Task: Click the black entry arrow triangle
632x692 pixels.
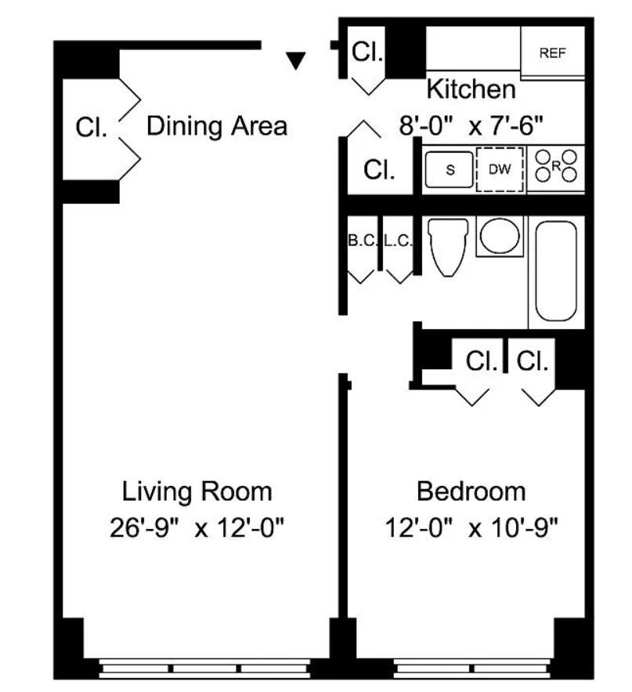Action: [295, 60]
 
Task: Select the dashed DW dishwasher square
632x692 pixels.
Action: [500, 169]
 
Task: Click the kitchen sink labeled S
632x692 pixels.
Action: [450, 169]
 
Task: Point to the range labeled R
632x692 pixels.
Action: [556, 166]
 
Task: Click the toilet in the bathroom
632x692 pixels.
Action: [448, 247]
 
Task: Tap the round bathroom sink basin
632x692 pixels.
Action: [500, 236]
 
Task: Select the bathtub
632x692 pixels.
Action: [556, 271]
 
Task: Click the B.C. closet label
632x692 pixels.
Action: [363, 241]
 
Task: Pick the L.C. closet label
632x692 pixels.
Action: [398, 241]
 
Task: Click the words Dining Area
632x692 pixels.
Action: [217, 125]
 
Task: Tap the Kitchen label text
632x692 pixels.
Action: [471, 89]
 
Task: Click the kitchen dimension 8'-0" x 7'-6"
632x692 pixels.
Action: [471, 125]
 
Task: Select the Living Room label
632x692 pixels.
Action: [197, 491]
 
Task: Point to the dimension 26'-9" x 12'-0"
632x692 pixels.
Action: [197, 527]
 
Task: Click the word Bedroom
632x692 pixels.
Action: [471, 491]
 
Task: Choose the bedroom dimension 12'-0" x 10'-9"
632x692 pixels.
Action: [471, 527]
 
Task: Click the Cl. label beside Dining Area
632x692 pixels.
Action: [92, 127]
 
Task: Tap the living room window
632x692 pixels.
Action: [204, 668]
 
